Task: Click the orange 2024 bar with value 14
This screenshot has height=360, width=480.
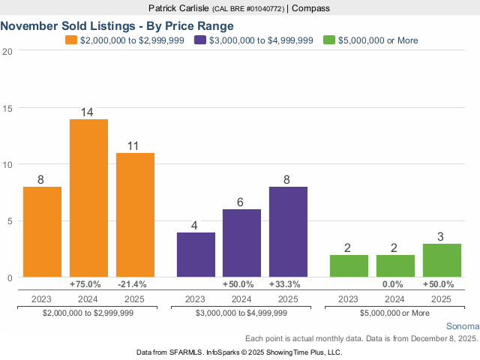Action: click(88, 198)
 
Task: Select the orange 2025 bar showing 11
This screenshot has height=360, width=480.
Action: click(135, 215)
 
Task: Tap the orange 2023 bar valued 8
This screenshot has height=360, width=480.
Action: click(42, 232)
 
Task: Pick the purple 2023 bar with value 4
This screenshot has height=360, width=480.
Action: click(196, 255)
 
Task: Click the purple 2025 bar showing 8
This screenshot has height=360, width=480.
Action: click(288, 232)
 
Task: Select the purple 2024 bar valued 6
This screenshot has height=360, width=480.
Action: click(242, 243)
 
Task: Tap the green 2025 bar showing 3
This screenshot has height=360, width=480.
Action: click(441, 260)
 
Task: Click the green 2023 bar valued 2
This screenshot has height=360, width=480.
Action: click(349, 266)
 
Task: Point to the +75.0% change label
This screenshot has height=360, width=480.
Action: click(88, 285)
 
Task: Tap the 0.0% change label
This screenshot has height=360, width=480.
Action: click(394, 285)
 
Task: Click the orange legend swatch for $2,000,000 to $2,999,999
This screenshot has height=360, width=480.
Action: click(71, 40)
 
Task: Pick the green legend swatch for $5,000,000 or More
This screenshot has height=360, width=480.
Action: click(328, 40)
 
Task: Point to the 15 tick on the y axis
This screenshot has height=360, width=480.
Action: click(7, 108)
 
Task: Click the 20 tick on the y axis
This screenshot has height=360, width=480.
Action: click(7, 51)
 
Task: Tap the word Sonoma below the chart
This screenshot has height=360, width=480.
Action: click(462, 327)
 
